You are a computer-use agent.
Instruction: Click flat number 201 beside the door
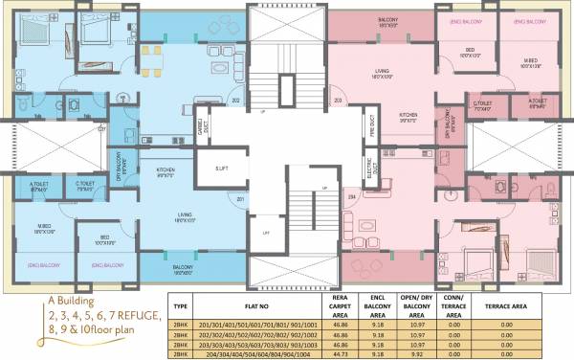tap(241, 199)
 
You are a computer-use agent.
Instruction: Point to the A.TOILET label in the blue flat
tap(39, 184)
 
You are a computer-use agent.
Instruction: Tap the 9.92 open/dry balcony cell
tap(414, 353)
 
